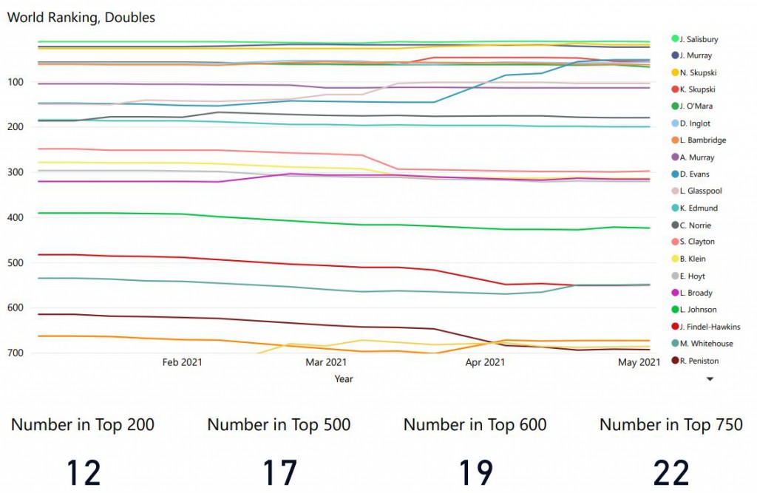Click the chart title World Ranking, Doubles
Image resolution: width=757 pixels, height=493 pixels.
point(81,18)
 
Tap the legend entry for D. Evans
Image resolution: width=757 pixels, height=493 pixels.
point(694,174)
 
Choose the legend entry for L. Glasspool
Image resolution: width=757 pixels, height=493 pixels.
point(699,191)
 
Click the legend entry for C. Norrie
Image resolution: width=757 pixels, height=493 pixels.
point(696,225)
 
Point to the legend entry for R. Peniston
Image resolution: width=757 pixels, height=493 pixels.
point(699,361)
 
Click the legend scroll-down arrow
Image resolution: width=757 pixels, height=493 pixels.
point(710,378)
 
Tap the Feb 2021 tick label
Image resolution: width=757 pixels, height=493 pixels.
point(182,362)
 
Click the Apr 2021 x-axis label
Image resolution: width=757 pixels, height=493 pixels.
point(486,362)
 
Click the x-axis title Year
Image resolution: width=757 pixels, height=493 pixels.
point(344,379)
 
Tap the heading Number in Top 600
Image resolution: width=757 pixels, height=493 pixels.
point(475,424)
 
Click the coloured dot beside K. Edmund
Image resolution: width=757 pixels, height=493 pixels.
point(675,208)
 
